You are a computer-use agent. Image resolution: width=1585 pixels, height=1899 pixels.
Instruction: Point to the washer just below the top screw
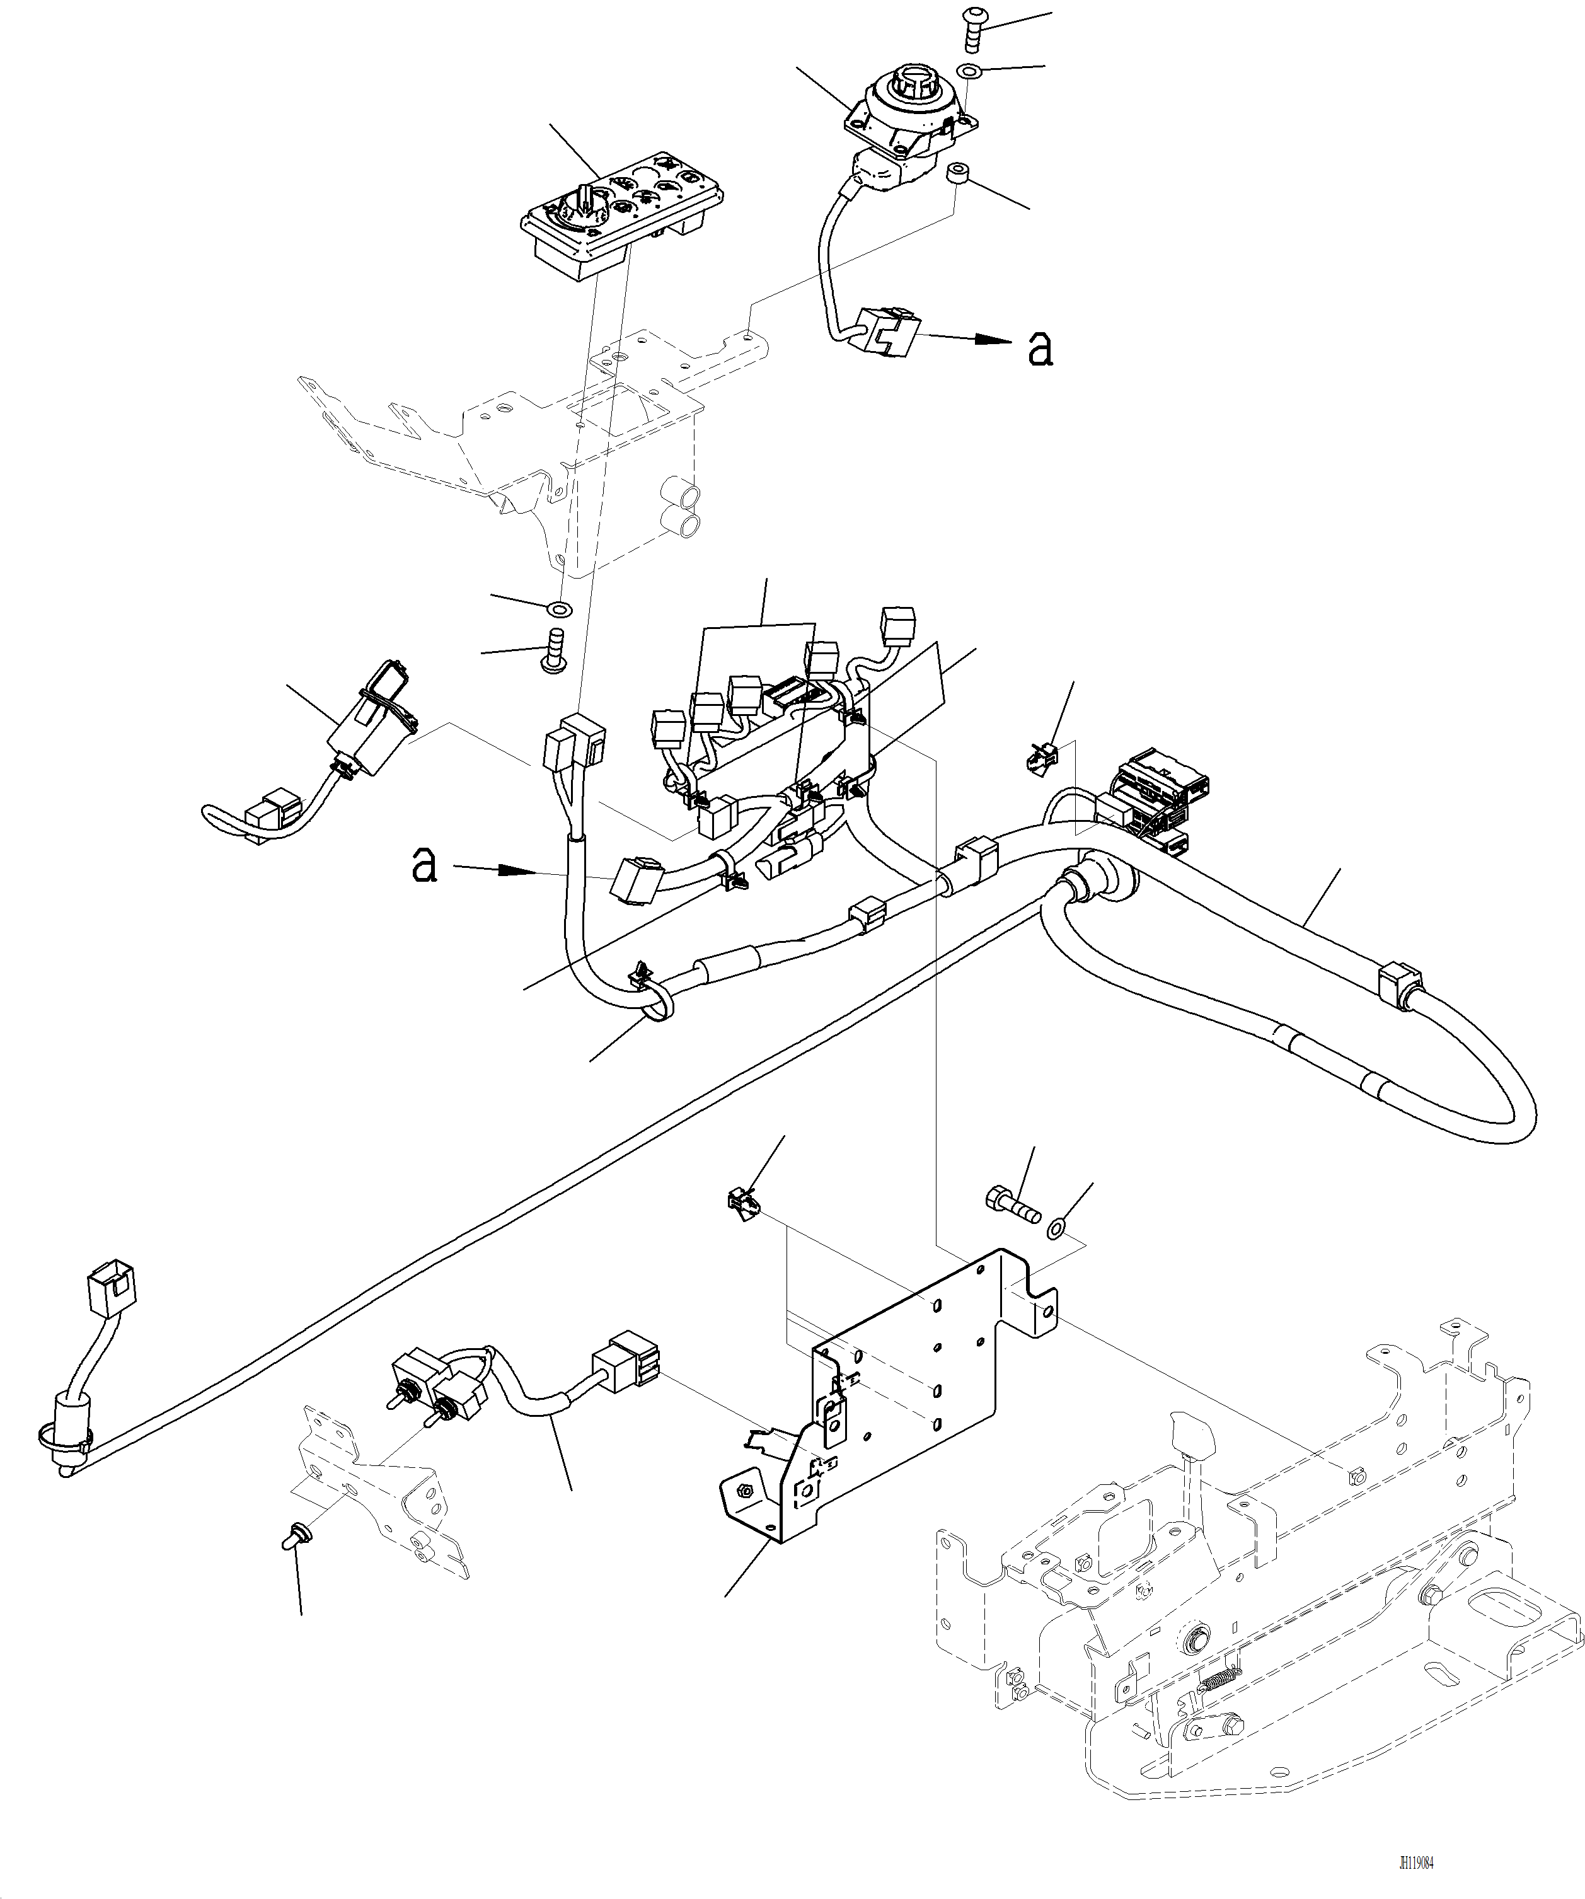[x=970, y=71]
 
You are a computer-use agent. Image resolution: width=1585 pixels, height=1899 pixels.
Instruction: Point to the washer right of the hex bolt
[x=1055, y=1229]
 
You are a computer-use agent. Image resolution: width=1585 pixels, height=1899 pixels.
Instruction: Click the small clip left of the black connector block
[x=1040, y=757]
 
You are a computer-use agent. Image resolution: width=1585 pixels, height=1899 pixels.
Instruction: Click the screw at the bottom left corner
[x=295, y=1533]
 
